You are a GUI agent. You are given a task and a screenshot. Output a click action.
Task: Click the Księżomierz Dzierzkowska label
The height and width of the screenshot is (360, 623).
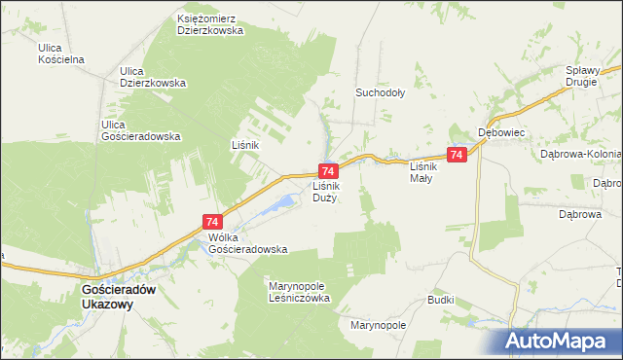pyautogui.click(x=209, y=23)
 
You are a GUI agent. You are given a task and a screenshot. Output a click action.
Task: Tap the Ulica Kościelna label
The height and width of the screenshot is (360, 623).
pyautogui.click(x=61, y=53)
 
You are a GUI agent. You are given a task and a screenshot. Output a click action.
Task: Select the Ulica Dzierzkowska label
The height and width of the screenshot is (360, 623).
pyautogui.click(x=152, y=77)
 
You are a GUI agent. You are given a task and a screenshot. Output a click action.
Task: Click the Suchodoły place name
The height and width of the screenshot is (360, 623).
pyautogui.click(x=380, y=93)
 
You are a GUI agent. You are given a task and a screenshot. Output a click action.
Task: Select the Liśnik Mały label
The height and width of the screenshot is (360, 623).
pyautogui.click(x=422, y=172)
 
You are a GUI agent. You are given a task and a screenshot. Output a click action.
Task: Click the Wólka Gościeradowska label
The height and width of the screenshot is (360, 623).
pyautogui.click(x=247, y=242)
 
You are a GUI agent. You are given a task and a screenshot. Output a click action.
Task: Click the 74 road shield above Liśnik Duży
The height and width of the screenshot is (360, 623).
pyautogui.click(x=327, y=170)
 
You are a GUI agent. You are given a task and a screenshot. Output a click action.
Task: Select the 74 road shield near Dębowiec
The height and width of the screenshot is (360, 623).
pyautogui.click(x=457, y=155)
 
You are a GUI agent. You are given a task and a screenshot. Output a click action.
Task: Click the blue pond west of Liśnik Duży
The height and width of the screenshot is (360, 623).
pyautogui.click(x=285, y=202)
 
